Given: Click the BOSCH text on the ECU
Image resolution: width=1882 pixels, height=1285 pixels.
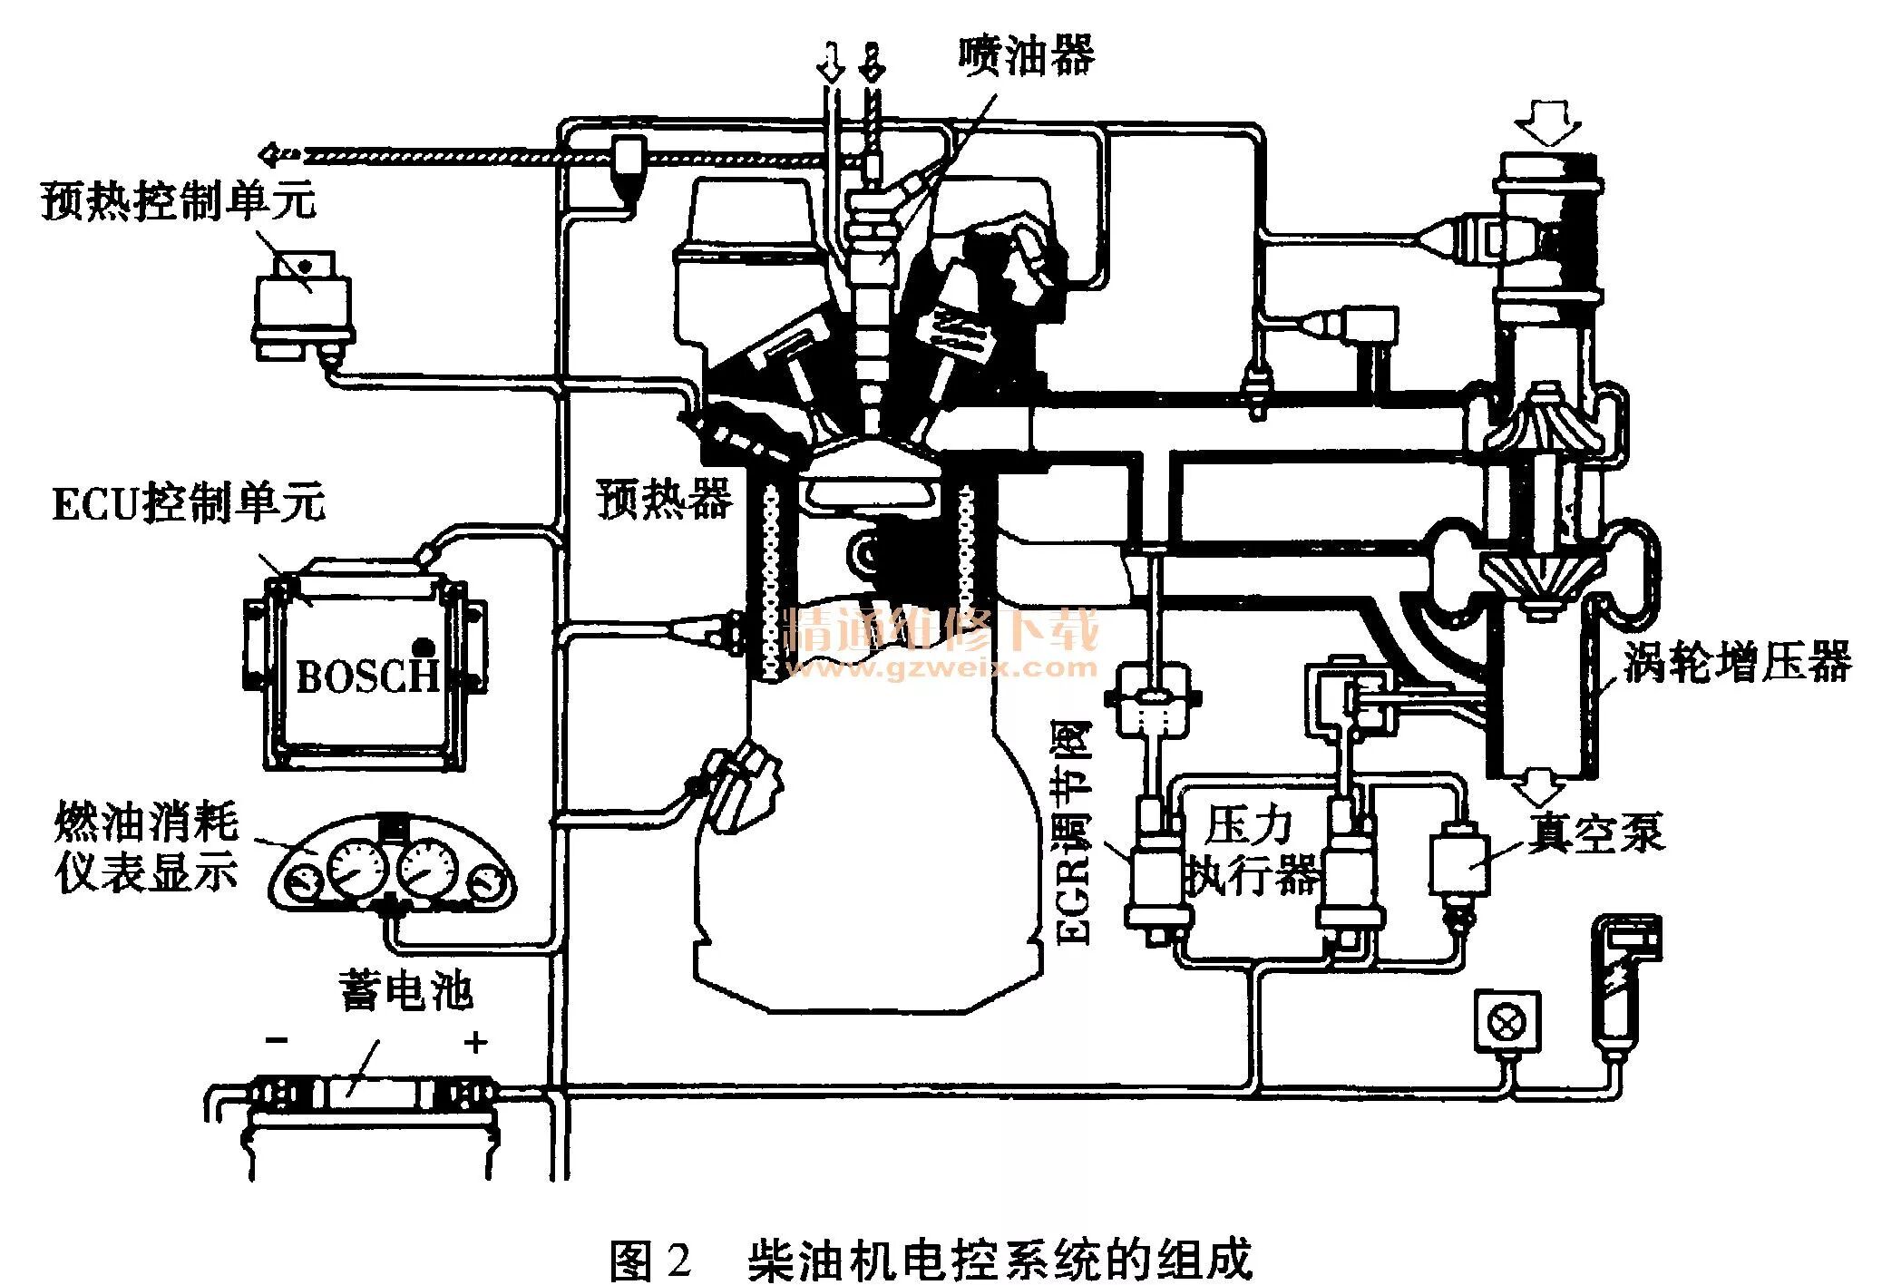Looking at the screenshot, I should coord(367,676).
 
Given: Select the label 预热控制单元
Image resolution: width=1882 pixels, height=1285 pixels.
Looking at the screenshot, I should coord(179,200).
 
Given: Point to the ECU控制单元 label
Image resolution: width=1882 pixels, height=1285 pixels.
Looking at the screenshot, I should coord(189,503).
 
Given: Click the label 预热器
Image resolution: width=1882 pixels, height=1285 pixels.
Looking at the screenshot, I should coord(664,498).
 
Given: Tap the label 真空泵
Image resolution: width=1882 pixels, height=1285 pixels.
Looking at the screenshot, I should coord(1596,832).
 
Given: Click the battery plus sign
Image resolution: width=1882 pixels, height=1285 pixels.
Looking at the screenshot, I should coord(475,1042).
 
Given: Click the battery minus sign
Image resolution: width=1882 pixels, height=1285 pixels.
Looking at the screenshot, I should coord(277,1040).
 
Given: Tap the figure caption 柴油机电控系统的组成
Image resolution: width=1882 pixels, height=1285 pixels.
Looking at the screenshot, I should coord(1000,1259).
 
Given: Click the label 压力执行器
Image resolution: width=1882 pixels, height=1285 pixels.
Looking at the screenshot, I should coord(1252,851).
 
